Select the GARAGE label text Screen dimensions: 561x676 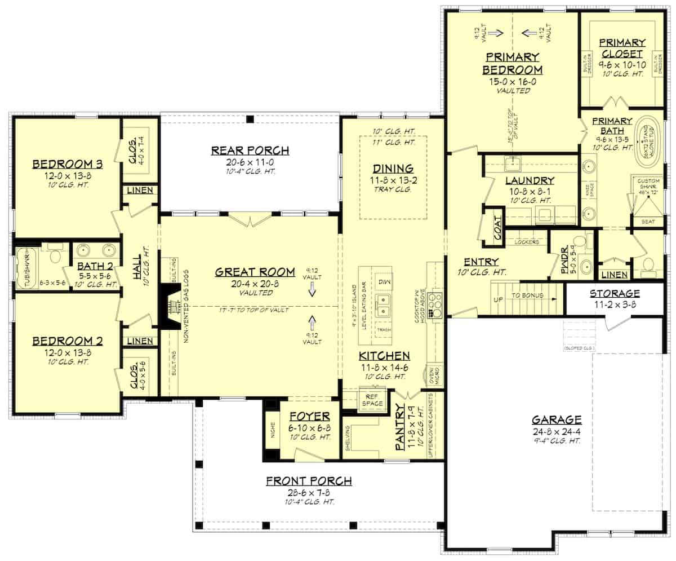[x=557, y=419]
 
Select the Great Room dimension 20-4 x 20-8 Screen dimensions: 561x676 [x=255, y=284]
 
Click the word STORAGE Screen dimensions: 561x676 [x=615, y=293]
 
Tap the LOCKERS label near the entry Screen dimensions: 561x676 [x=527, y=242]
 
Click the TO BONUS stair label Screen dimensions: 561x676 [x=528, y=294]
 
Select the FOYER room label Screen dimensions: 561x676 [x=309, y=417]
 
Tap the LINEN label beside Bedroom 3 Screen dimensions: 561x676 [x=139, y=191]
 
